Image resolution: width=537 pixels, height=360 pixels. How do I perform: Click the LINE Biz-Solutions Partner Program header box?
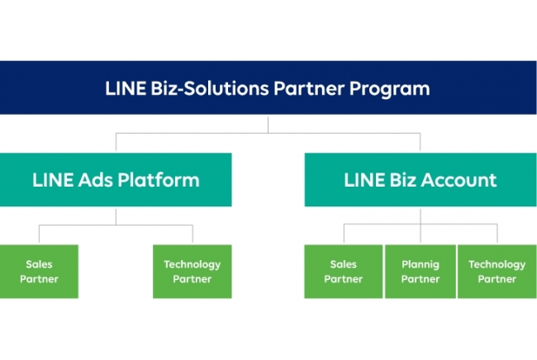tap(268, 88)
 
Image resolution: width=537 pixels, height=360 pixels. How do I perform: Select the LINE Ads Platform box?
tap(116, 179)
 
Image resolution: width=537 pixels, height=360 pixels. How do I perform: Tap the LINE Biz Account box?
tap(421, 179)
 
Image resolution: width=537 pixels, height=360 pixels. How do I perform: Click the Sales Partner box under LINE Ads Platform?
tap(39, 272)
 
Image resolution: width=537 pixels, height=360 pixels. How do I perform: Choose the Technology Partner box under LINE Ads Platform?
tap(192, 272)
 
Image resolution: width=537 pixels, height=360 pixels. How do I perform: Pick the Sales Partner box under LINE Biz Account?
tap(343, 272)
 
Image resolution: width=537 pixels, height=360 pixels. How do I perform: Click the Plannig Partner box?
tap(420, 272)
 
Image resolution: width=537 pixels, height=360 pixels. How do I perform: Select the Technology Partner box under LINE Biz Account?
tap(497, 272)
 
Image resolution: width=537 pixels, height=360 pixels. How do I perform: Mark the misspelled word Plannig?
tap(420, 264)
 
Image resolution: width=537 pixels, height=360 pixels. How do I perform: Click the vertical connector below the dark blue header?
tap(268, 123)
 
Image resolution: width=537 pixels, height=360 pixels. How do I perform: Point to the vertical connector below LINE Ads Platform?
tap(116, 216)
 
